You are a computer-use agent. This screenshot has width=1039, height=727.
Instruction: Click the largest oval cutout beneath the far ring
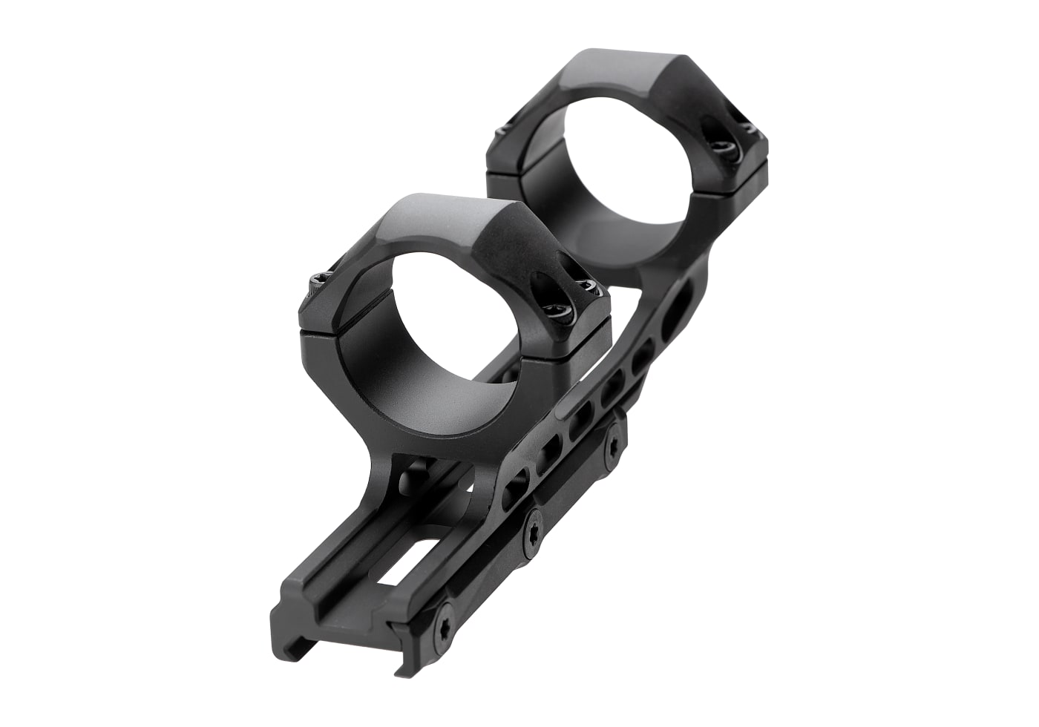678,312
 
